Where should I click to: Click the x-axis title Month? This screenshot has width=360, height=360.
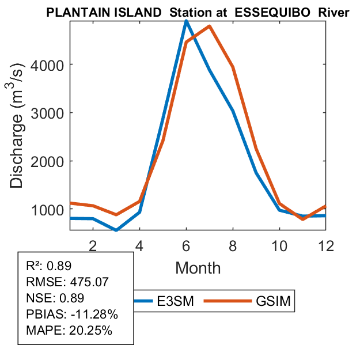pos(198,267)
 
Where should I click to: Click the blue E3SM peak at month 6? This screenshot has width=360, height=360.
pos(186,21)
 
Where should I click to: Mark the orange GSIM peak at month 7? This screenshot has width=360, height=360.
pos(210,26)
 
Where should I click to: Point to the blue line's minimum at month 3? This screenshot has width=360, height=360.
pos(116,230)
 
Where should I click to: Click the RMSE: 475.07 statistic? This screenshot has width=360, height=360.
pos(68,282)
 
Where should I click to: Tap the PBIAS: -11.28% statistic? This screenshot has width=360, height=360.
pos(73,314)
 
